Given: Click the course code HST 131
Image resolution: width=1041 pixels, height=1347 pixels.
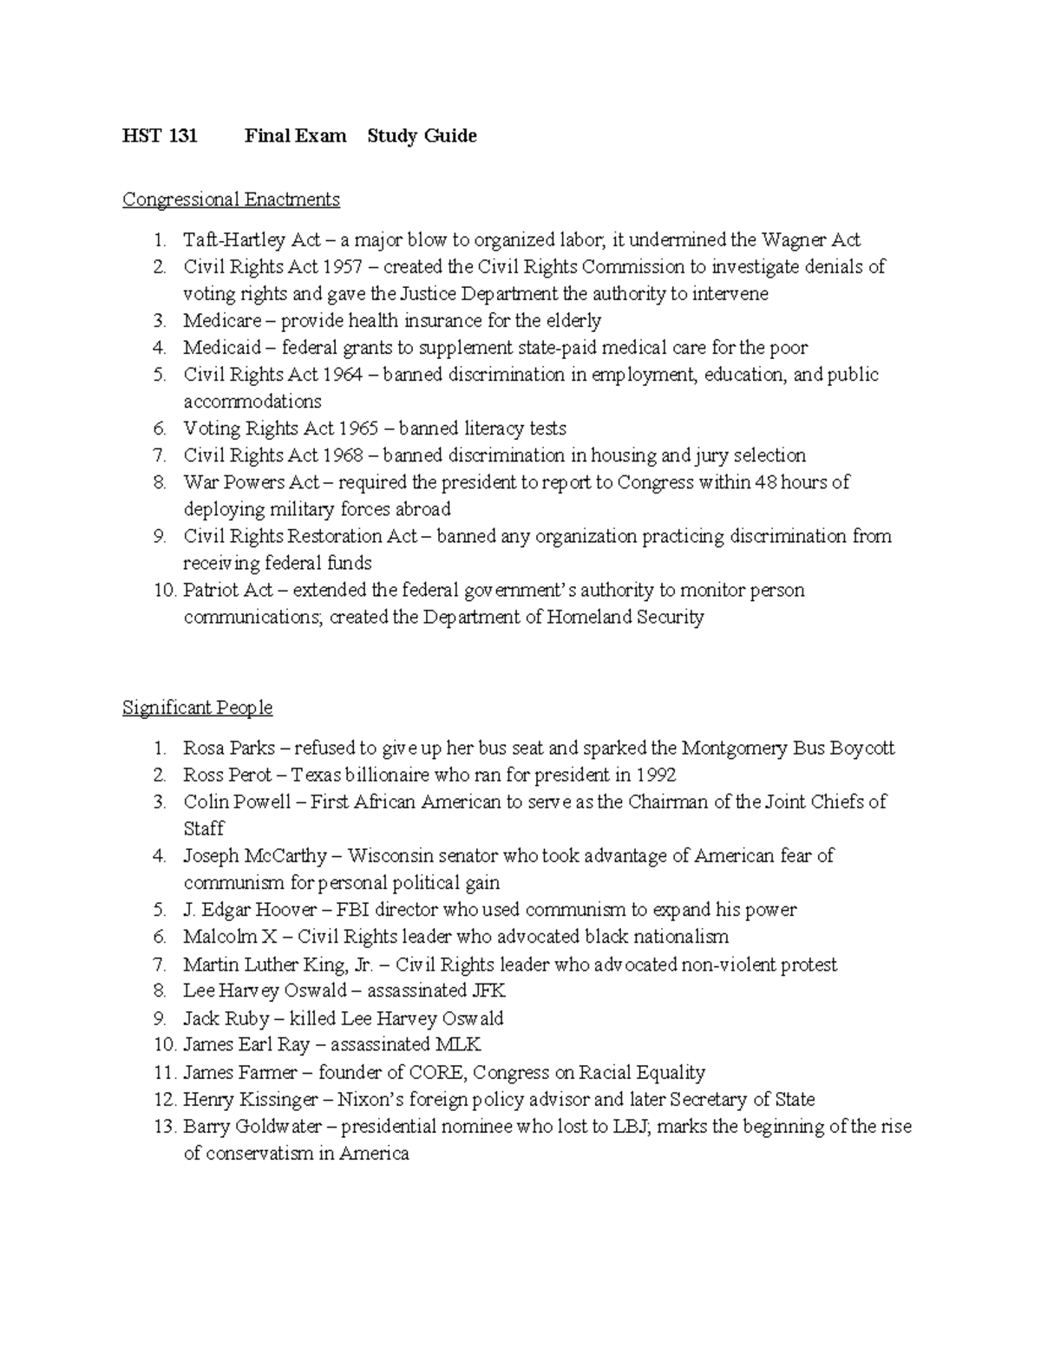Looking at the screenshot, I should coord(160,136).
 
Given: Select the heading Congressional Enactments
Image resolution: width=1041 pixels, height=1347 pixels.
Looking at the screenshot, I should coord(231,199).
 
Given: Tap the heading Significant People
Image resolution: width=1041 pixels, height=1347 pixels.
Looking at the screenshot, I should coord(197,708).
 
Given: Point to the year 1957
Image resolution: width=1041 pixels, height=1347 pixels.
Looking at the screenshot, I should coord(342,267).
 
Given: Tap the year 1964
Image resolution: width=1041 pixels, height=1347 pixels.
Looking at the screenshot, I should coord(343,375).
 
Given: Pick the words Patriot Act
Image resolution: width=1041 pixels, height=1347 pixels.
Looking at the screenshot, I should coord(227,591).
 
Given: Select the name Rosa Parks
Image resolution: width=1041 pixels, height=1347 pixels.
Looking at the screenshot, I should coord(229,748).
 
